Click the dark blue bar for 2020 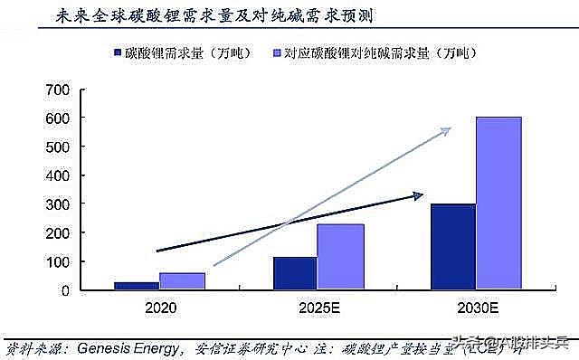[x=137, y=286]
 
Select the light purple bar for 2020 [x=182, y=281]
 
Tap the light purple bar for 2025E [x=340, y=257]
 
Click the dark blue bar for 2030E [x=453, y=247]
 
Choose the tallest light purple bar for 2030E [x=498, y=204]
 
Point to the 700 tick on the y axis [x=57, y=90]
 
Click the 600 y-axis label [x=57, y=118]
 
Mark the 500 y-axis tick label [x=57, y=147]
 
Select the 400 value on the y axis [x=57, y=175]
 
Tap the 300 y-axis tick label [x=57, y=204]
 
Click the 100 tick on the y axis [x=57, y=262]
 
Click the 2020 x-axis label [x=159, y=308]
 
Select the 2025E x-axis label [x=318, y=308]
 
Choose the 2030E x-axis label [x=476, y=308]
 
